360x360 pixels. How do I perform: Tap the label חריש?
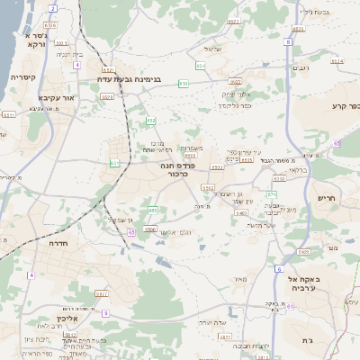tap(325, 197)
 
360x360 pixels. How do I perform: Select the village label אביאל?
tap(213, 49)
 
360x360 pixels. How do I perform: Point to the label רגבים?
tap(301, 68)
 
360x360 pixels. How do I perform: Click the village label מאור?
tap(238, 279)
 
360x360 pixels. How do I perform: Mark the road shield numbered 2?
tap(53, 8)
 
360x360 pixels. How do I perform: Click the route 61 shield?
tap(291, 306)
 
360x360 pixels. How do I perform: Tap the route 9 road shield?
tap(105, 312)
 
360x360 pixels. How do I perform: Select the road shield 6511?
tap(8, 115)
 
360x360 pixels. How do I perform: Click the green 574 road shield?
tap(272, 194)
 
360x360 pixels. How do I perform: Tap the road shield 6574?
tap(337, 61)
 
